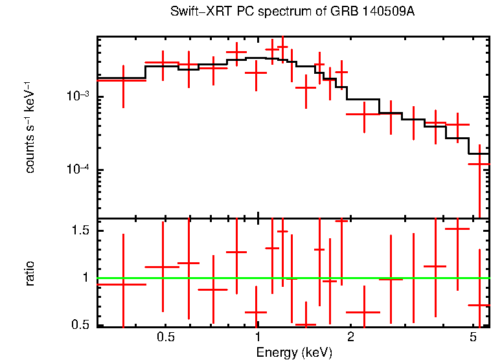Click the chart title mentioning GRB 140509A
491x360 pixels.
click(292, 12)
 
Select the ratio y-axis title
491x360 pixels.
click(30, 273)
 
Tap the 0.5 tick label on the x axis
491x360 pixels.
click(166, 337)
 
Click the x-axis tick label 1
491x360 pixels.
click(258, 337)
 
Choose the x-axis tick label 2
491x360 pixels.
click(350, 337)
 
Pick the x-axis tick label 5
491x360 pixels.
click(472, 337)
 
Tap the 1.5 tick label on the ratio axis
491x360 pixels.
click(80, 231)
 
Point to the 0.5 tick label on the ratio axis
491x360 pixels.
click(80, 324)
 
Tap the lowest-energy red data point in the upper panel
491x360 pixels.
click(123, 80)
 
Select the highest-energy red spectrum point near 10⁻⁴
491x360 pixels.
click(479, 164)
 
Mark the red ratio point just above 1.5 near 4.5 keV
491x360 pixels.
click(457, 229)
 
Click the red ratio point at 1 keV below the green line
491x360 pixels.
click(257, 313)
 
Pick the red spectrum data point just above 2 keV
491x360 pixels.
click(364, 114)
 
